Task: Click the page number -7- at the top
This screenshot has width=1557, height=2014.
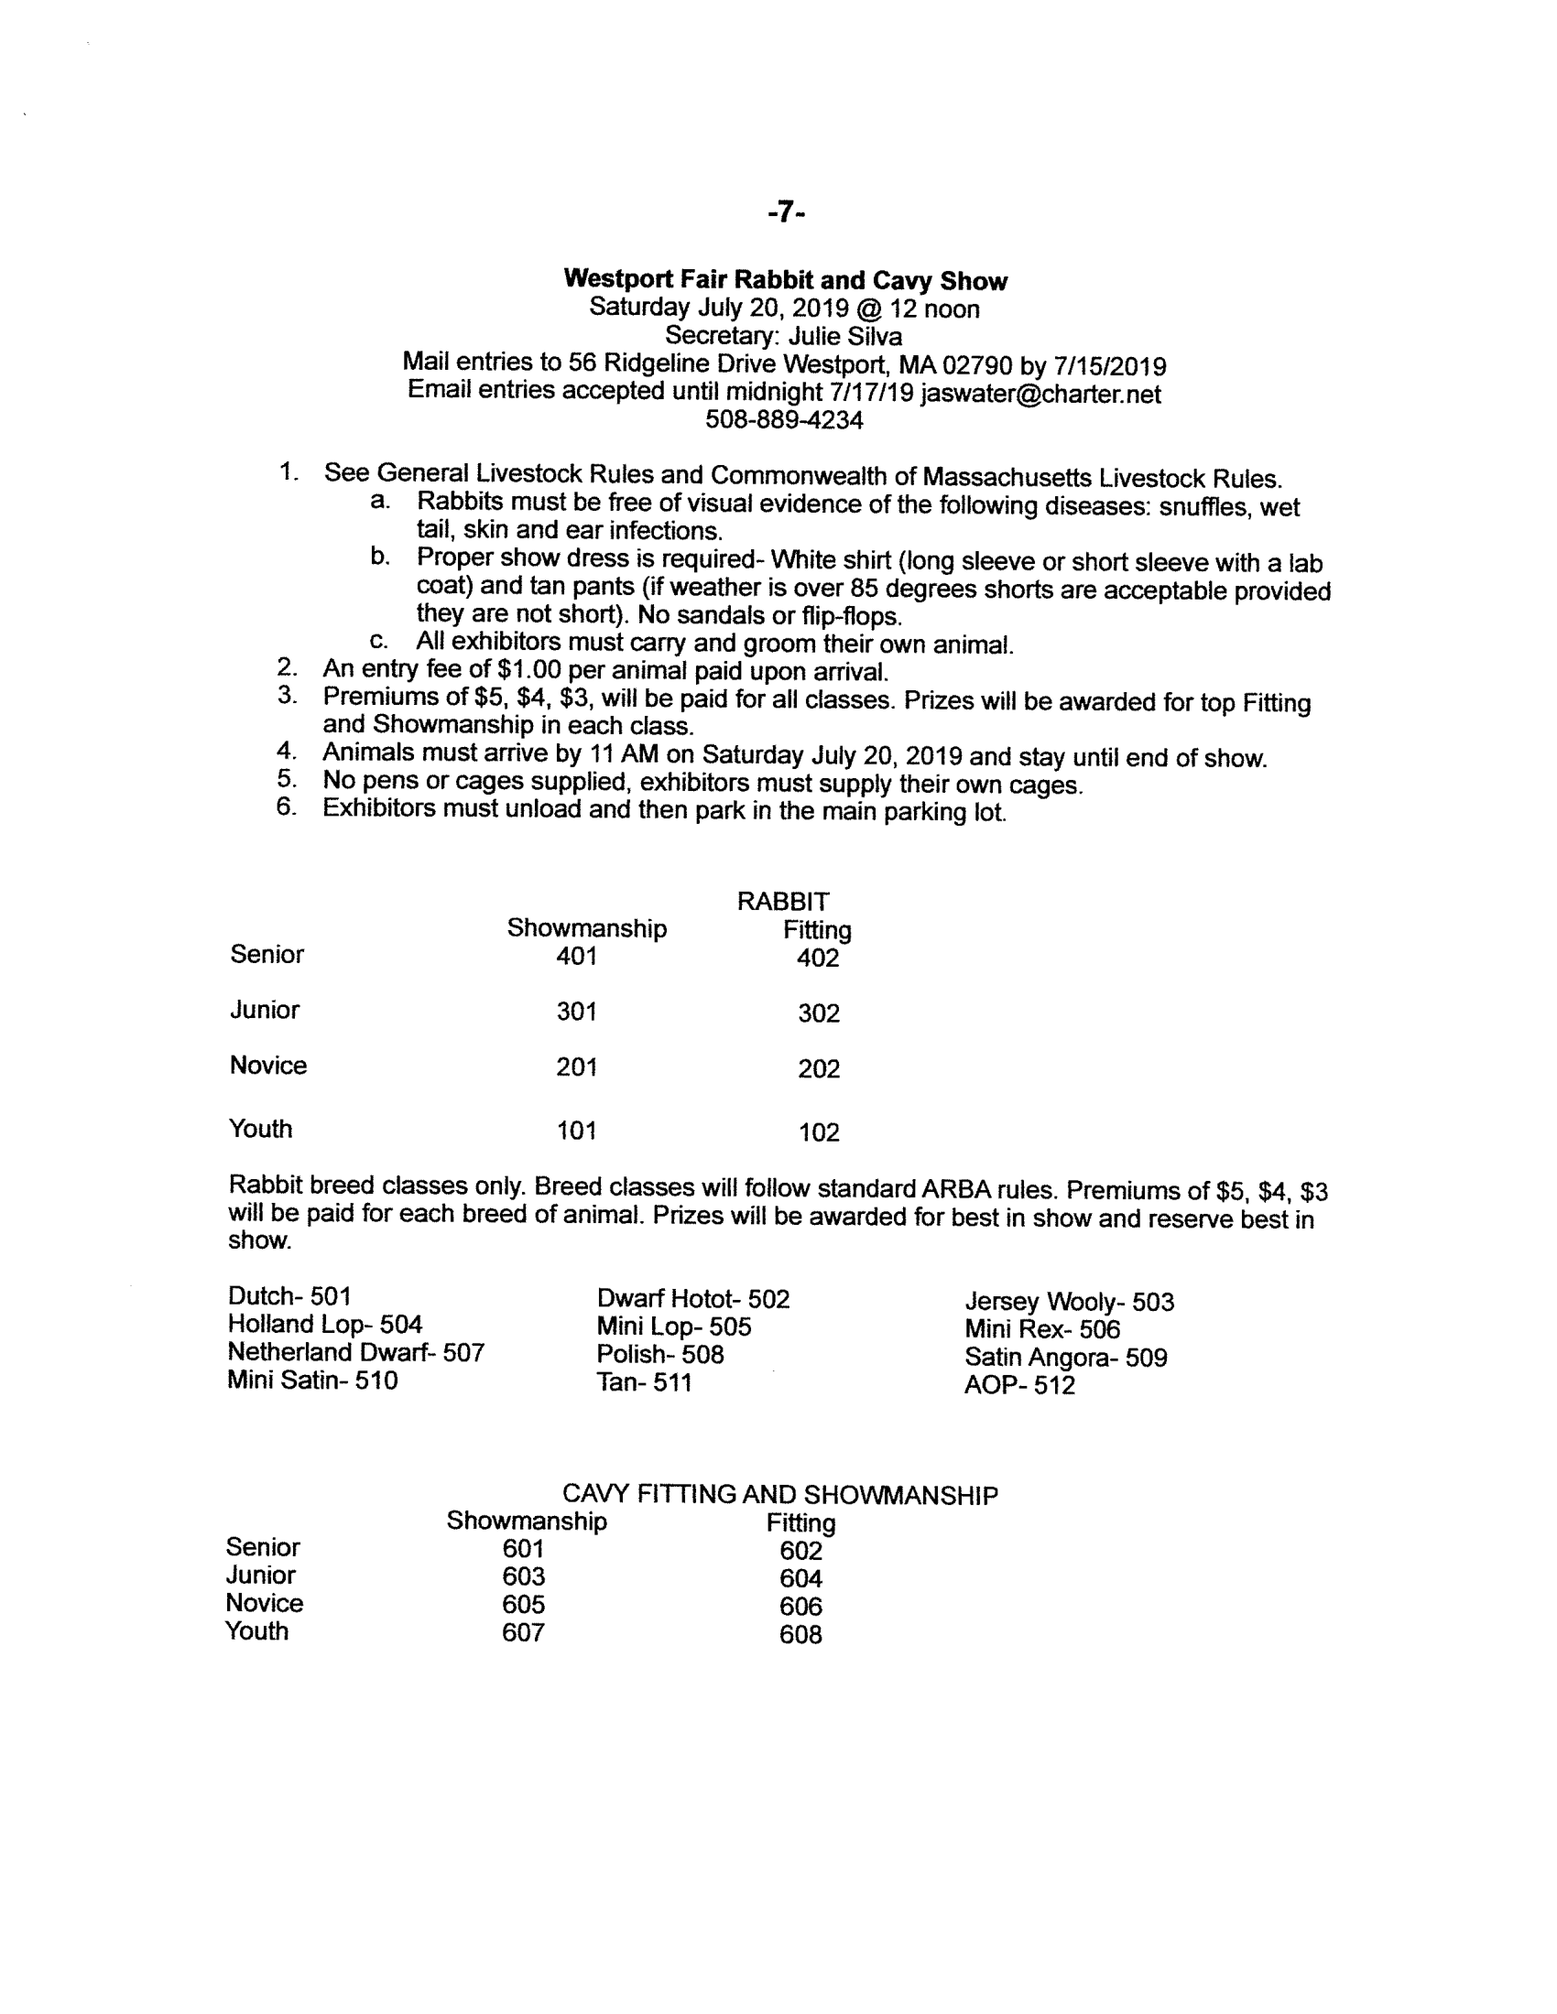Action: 786,213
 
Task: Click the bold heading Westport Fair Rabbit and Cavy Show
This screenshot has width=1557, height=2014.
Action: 785,280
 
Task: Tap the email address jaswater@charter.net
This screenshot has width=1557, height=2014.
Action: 1040,394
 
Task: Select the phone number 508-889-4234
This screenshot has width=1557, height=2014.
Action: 784,420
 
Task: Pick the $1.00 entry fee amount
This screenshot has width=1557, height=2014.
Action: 528,670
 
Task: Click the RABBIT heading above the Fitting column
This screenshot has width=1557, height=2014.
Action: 783,901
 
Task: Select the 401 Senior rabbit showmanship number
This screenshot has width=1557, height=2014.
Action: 576,957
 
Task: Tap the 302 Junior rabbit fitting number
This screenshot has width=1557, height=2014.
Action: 818,1013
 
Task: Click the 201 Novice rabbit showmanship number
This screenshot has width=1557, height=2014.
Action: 576,1067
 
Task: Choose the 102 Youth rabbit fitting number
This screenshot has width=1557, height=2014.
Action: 818,1132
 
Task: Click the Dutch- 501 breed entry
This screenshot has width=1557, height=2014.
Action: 289,1296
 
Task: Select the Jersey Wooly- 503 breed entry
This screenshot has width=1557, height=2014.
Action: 1069,1302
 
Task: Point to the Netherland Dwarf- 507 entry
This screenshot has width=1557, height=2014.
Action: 355,1353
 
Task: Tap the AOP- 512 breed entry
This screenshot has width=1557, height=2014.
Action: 1019,1385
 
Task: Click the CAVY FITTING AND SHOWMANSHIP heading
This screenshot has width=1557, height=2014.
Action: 779,1495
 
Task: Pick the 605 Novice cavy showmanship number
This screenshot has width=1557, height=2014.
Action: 523,1605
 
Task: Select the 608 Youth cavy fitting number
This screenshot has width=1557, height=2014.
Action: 800,1635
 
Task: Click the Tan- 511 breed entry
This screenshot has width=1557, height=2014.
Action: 644,1382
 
